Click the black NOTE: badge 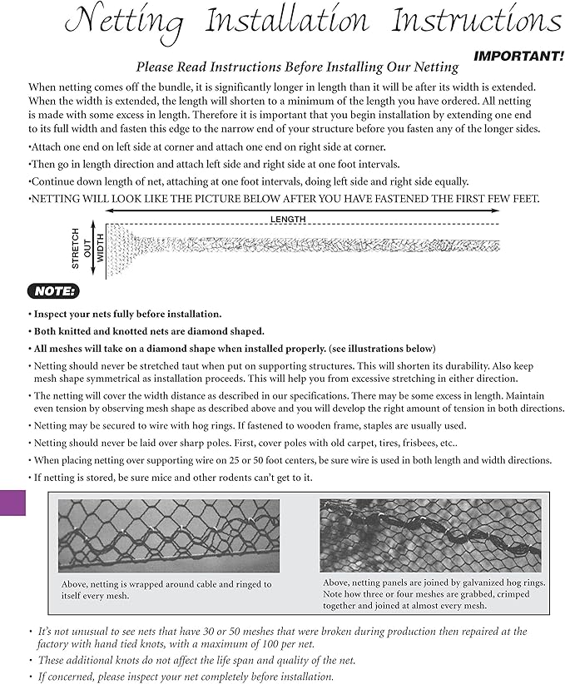(53, 290)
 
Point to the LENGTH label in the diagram (288, 219)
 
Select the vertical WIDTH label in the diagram (100, 248)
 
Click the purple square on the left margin (12, 503)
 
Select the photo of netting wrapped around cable (168, 535)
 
